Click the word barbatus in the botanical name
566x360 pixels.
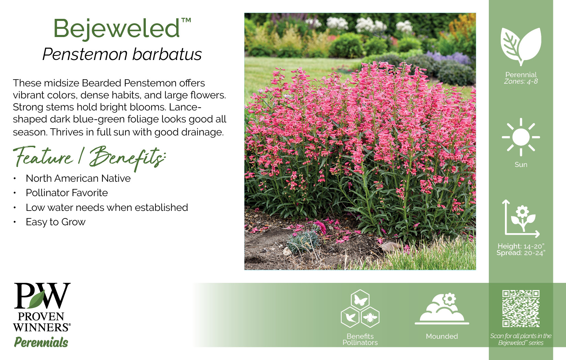click(x=167, y=54)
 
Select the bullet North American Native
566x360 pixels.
click(x=78, y=178)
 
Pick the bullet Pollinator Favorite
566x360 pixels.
click(x=67, y=193)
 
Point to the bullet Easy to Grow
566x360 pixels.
click(x=56, y=222)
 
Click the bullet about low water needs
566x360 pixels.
click(x=107, y=207)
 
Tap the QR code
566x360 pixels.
click(x=521, y=309)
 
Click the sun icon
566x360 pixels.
click(x=521, y=137)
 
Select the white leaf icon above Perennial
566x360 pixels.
click(x=521, y=47)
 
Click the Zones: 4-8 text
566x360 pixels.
click(x=521, y=81)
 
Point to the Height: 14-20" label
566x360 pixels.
click(x=521, y=246)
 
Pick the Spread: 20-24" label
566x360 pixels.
click(x=521, y=253)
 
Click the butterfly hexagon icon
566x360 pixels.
click(x=360, y=300)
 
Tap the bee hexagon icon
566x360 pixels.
click(x=370, y=317)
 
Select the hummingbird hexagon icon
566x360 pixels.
click(x=350, y=317)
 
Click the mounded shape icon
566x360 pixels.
click(x=442, y=309)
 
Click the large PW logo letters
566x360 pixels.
click(x=42, y=296)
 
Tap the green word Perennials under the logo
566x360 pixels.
click(x=41, y=342)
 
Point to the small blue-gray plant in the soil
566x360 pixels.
click(x=303, y=240)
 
